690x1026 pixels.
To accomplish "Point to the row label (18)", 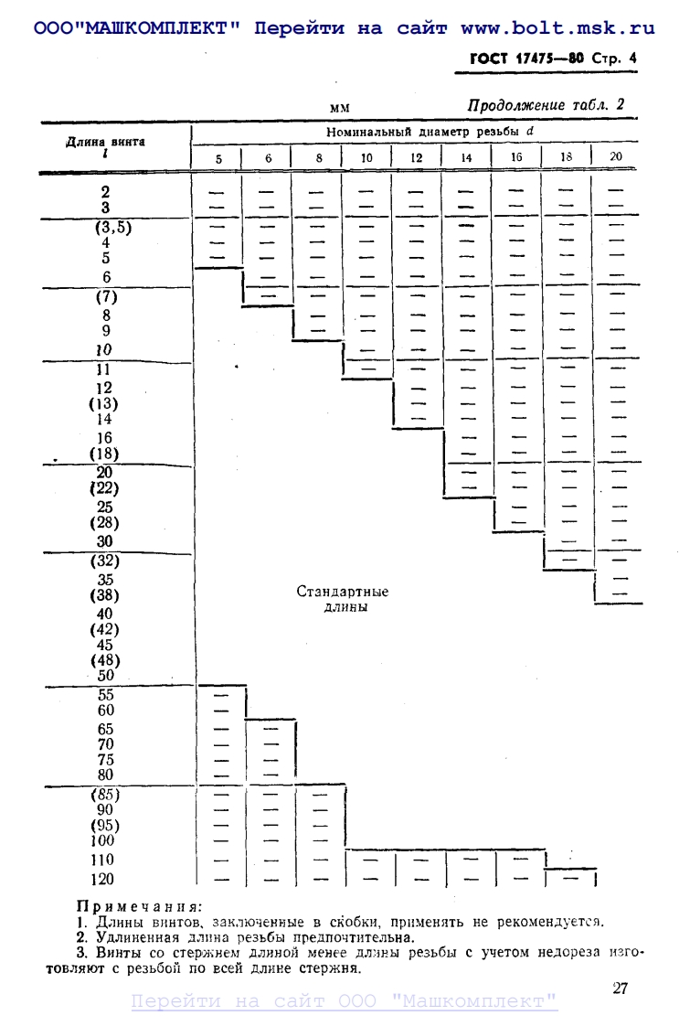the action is click(104, 454).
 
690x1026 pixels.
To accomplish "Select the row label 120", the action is click(104, 880).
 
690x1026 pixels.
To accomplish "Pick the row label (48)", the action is click(104, 660).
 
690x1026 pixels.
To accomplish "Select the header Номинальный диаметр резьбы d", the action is click(430, 133).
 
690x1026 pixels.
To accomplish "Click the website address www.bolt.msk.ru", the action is click(558, 28).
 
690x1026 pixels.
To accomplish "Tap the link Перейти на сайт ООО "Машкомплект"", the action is click(345, 1001).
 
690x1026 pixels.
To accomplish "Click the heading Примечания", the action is click(138, 907).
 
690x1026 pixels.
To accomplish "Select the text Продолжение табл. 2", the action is click(547, 105).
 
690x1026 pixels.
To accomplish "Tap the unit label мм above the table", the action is click(340, 109).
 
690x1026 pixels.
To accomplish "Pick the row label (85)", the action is click(105, 794).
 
